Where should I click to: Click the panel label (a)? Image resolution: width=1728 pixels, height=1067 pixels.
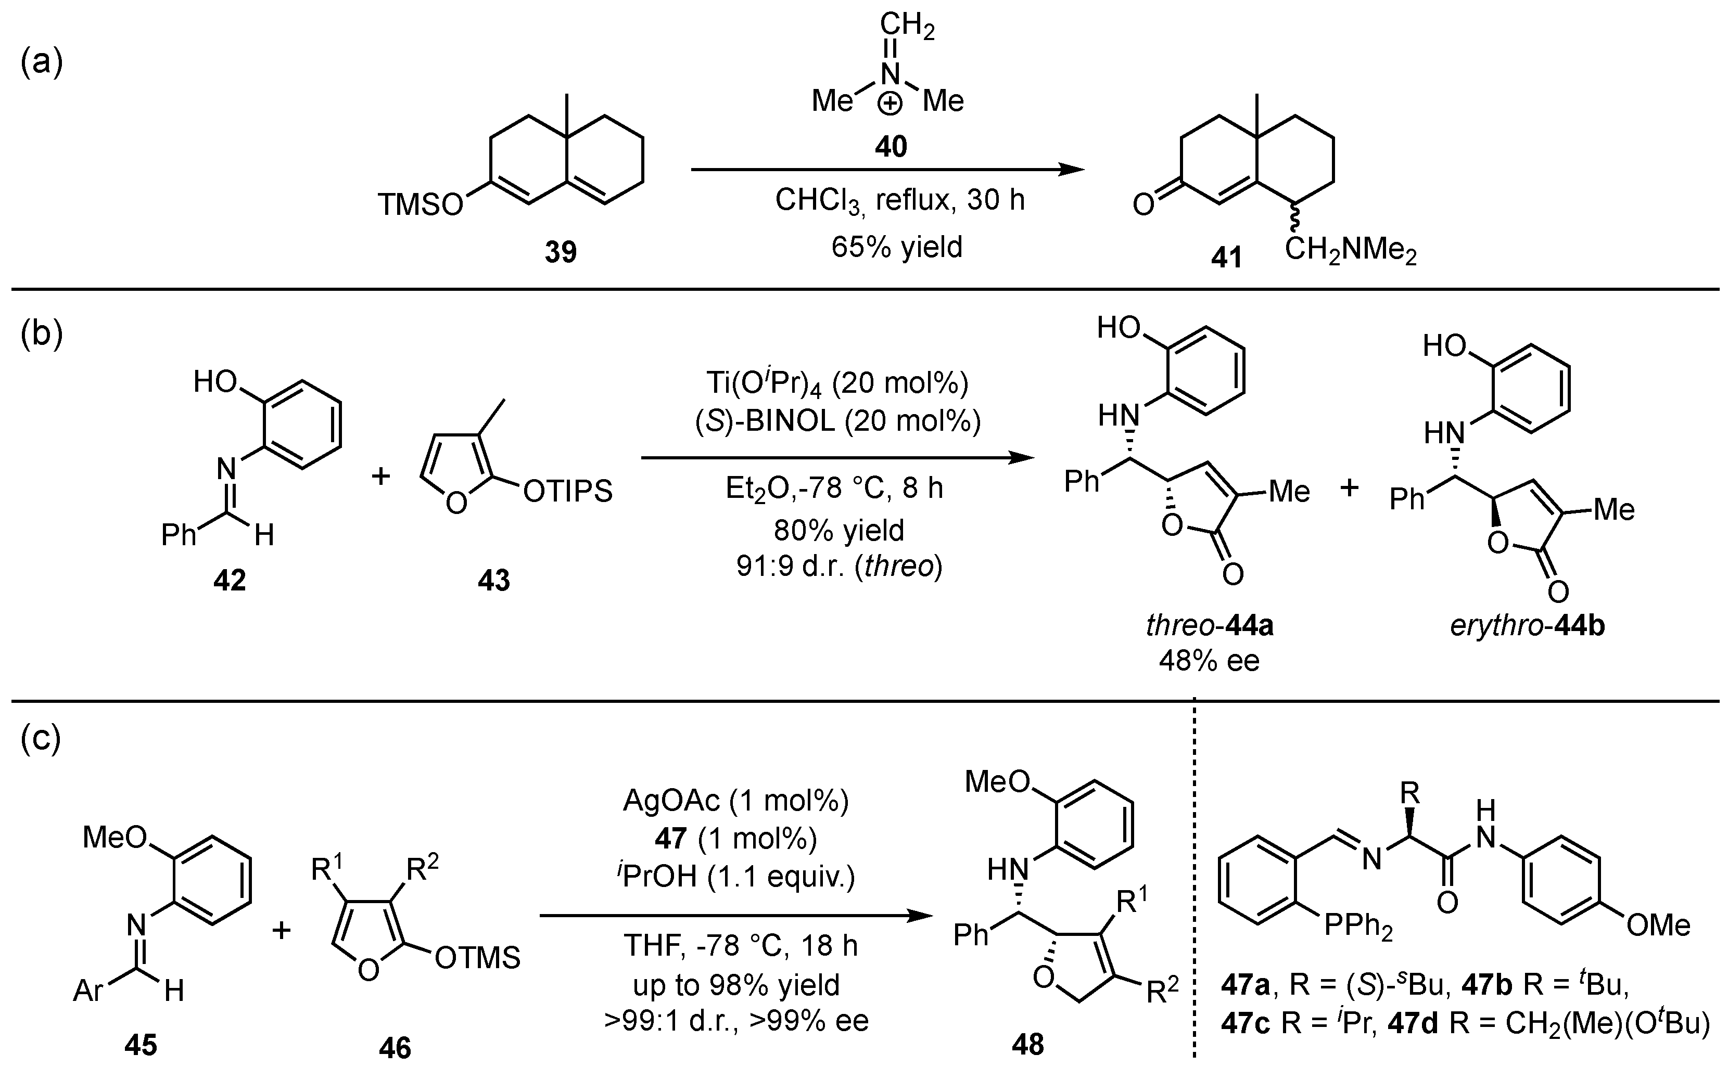42,62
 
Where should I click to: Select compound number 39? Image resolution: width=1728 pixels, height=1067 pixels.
561,252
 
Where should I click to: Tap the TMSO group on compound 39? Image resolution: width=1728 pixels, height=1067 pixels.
420,204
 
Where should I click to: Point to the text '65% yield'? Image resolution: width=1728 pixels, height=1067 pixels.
896,247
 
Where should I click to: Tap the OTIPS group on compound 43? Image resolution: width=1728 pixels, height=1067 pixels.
567,491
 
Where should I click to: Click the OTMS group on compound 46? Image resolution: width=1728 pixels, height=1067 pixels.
478,958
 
